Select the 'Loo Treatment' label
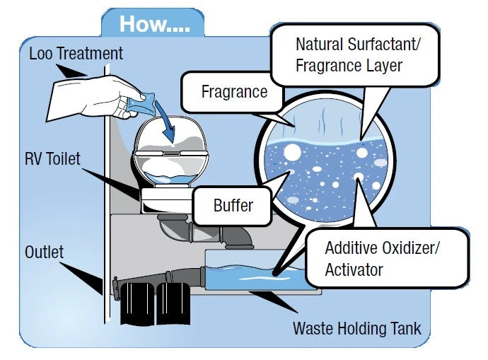(x=76, y=53)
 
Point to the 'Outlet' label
(x=45, y=252)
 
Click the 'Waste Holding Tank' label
(x=357, y=329)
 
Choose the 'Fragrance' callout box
(x=234, y=91)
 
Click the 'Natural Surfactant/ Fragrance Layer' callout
(x=358, y=55)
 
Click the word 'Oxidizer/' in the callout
(x=397, y=249)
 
